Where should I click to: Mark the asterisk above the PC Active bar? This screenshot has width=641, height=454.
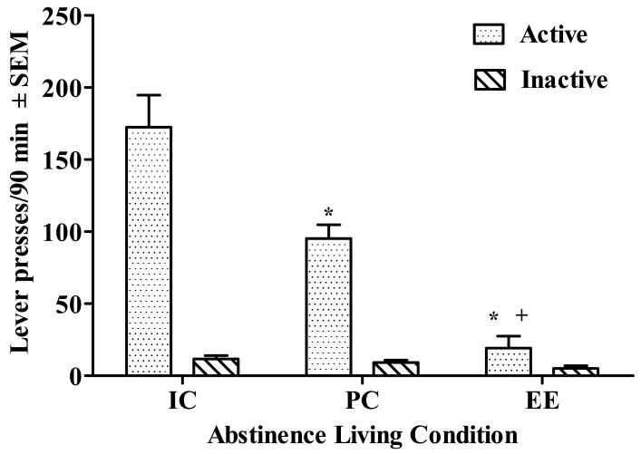point(328,214)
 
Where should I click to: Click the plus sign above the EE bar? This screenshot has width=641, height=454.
point(521,315)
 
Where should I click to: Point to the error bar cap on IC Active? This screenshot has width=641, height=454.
point(150,95)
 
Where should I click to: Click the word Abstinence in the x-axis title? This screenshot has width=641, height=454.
point(262,434)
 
